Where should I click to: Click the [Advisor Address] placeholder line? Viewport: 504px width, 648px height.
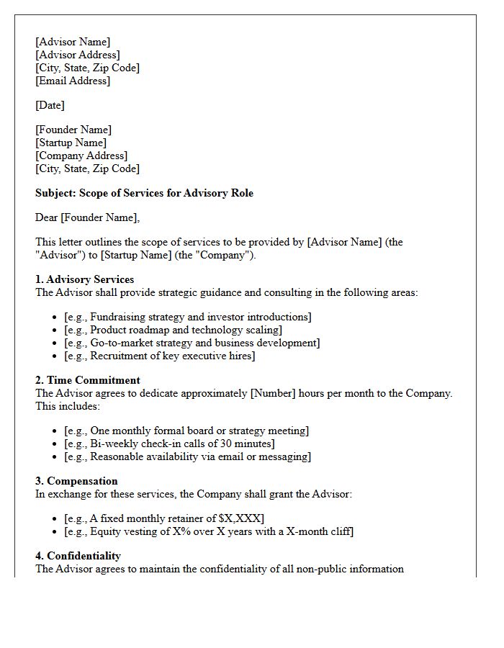point(78,55)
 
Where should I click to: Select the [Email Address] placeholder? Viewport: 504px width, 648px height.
point(73,81)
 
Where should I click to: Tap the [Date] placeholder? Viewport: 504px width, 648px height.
point(50,105)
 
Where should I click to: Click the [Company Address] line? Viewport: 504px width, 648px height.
point(81,156)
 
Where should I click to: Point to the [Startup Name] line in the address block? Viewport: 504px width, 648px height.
point(71,143)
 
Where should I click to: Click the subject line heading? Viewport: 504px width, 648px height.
point(144,193)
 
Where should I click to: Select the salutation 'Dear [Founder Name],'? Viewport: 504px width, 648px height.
point(88,217)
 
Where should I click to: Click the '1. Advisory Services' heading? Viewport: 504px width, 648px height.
point(84,279)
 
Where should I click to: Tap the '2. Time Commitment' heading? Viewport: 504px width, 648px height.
point(88,380)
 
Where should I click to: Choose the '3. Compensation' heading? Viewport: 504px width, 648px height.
point(76,481)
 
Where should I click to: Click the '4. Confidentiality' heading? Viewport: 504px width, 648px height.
point(78,556)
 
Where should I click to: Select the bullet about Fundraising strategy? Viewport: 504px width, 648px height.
point(187,317)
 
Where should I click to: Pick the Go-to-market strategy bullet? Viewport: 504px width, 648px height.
point(192,343)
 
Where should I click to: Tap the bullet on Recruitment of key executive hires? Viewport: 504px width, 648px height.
point(159,356)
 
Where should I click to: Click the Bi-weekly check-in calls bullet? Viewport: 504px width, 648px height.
point(169,444)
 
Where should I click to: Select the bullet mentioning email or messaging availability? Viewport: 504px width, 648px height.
point(187,456)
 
